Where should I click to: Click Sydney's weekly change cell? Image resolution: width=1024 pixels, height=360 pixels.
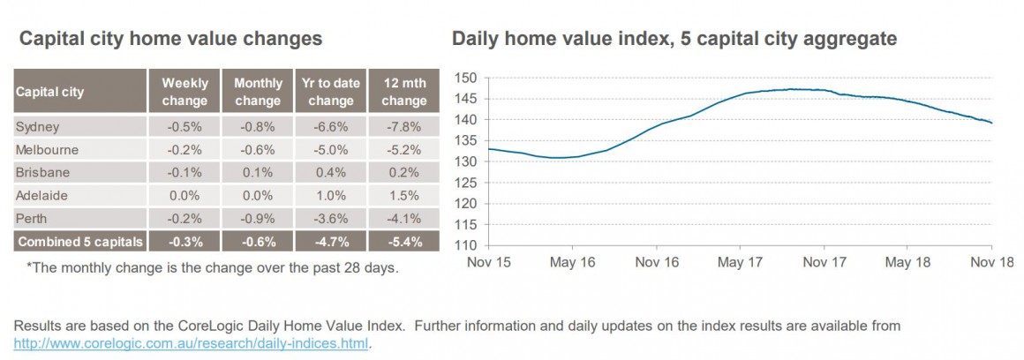tap(184, 126)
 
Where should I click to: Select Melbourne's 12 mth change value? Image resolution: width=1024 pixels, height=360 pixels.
tap(403, 149)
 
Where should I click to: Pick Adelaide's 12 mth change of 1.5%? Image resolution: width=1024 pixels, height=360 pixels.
tap(403, 194)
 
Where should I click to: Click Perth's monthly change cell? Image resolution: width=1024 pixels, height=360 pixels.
tap(258, 217)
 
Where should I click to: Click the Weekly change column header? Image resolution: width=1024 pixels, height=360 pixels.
tap(184, 92)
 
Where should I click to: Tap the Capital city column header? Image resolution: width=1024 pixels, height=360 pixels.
tap(49, 92)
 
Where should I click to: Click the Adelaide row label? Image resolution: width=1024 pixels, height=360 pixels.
tap(41, 194)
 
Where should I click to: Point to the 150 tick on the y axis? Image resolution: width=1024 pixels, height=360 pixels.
tap(465, 78)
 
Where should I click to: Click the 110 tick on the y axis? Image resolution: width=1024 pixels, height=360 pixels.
tap(465, 245)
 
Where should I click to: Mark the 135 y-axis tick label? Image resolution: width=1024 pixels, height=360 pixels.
tap(465, 140)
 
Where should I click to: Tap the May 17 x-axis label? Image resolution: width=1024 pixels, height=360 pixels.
tap(740, 262)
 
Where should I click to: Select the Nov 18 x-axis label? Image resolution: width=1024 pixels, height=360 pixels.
tap(991, 262)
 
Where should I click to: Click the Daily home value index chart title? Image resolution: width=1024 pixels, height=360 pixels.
tap(674, 39)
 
